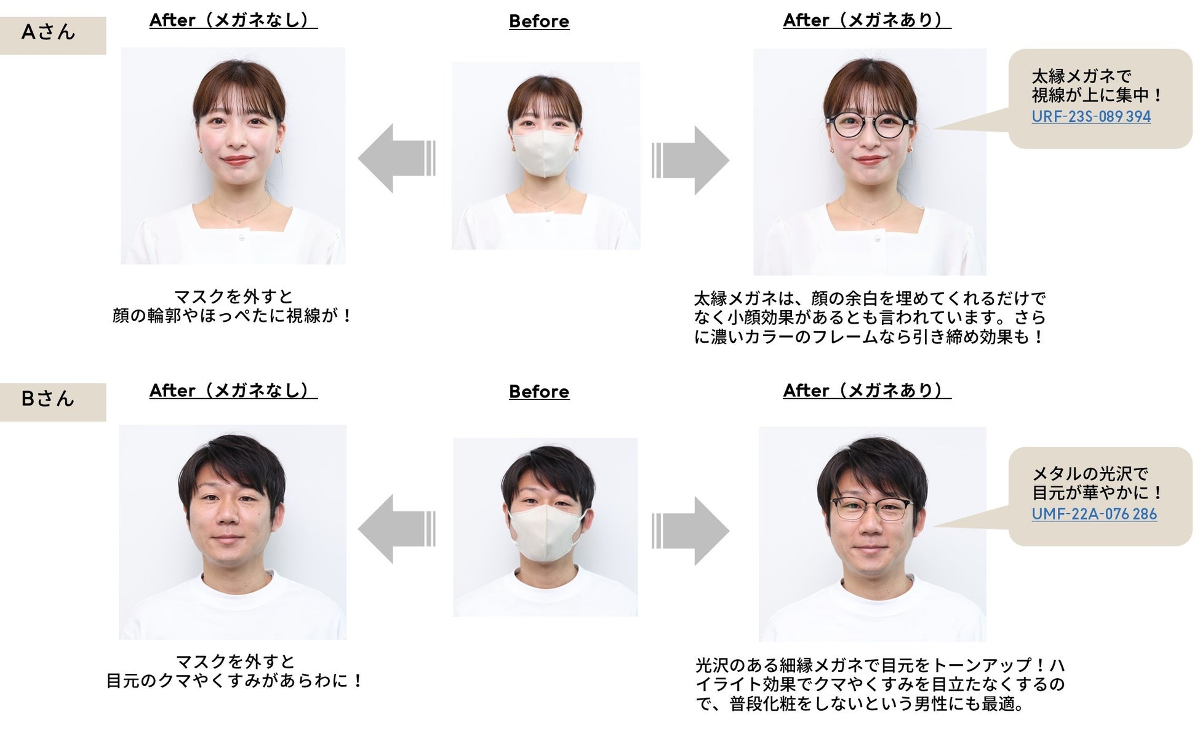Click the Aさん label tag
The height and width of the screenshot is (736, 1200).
point(49,34)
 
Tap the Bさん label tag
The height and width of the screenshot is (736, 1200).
point(49,401)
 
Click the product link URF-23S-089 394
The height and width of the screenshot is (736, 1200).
point(1090,116)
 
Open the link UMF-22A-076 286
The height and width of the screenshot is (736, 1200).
point(1094,514)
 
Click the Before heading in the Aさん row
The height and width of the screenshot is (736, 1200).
point(538,22)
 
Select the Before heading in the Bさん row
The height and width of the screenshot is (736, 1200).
point(538,392)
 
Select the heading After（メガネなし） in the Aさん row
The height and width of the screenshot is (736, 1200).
point(233,20)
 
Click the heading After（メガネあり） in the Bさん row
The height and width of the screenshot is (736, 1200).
point(866,391)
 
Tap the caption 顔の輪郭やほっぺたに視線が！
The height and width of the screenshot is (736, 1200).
point(233,316)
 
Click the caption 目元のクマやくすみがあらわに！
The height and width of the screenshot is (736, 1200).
point(234,681)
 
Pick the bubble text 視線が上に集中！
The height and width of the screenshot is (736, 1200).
point(1096,95)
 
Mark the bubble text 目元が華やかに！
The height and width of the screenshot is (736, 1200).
point(1096,493)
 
